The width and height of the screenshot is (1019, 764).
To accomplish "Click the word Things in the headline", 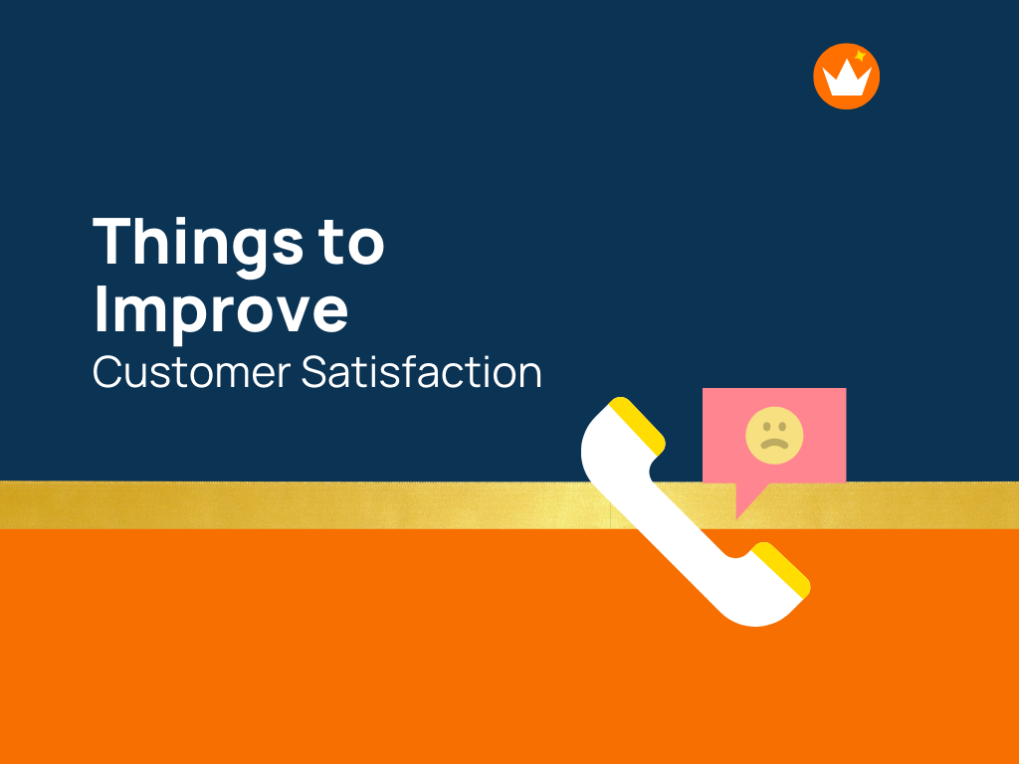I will coord(199,242).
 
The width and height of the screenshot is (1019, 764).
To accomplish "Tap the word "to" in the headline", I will coord(351,242).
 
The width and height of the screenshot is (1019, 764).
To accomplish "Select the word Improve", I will coord(221,309).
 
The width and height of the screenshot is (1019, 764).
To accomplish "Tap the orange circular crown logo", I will coord(846,76).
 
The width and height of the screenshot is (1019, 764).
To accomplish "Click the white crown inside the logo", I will coord(846,80).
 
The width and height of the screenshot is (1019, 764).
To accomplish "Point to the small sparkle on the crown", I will coord(859,56).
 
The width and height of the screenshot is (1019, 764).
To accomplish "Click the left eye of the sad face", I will coord(764,427).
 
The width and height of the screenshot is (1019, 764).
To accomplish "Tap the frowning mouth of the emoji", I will coord(774,444).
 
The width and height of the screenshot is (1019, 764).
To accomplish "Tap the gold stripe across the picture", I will coord(299,505).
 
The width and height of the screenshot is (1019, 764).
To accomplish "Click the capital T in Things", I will coord(113,242).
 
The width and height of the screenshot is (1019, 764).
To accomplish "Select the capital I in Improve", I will coord(101,309).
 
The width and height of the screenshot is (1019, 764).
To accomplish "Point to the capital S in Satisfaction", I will coord(313,372).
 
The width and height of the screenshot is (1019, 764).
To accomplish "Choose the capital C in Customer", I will coord(108,372).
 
